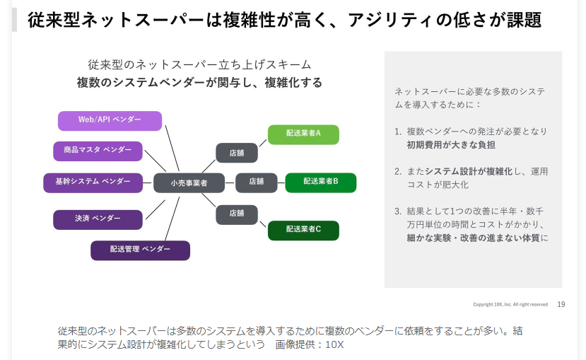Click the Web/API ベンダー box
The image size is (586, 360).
(x=110, y=120)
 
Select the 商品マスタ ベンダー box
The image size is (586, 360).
(x=98, y=151)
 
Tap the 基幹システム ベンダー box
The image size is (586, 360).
(x=88, y=182)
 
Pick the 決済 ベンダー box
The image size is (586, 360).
(x=98, y=219)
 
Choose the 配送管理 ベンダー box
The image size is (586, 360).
(x=140, y=250)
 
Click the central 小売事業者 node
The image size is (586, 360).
(x=189, y=182)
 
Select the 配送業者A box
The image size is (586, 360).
(x=303, y=134)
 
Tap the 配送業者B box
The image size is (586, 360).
(x=320, y=182)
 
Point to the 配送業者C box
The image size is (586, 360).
(x=303, y=230)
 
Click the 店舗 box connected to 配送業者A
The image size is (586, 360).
(x=236, y=152)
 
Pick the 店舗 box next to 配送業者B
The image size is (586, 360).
(x=256, y=182)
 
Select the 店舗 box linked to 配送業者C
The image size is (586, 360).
(x=236, y=213)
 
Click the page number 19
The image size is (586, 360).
(x=561, y=304)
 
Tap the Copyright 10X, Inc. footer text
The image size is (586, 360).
(x=510, y=305)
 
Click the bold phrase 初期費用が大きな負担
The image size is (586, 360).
(x=451, y=145)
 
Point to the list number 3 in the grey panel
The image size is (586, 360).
(x=398, y=211)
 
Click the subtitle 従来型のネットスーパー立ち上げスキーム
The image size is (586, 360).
(x=199, y=64)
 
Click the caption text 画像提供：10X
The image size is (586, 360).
(x=310, y=344)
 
